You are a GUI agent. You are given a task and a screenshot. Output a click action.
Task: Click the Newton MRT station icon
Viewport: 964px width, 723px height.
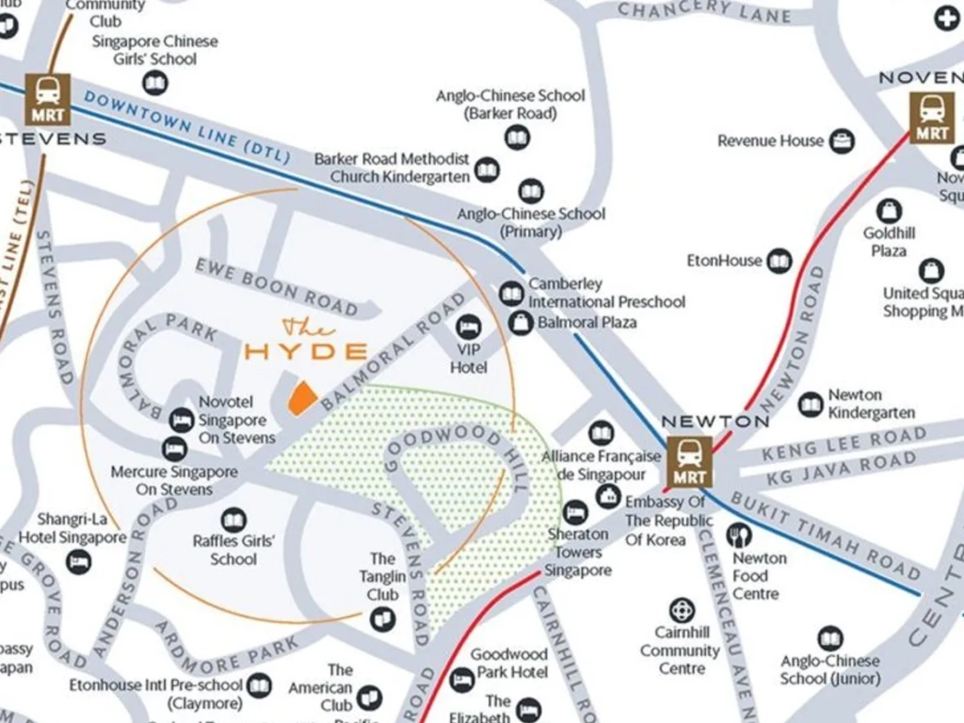(690, 461)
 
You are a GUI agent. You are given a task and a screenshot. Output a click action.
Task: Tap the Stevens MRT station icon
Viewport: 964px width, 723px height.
(48, 99)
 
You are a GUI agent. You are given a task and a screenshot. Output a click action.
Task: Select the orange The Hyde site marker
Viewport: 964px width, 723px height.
(301, 399)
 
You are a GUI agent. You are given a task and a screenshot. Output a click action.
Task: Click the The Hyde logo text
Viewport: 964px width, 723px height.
(306, 343)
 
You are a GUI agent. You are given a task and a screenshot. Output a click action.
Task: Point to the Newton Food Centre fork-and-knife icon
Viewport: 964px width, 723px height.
(739, 536)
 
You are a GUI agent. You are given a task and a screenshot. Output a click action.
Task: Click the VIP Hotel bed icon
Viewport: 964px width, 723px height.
(468, 328)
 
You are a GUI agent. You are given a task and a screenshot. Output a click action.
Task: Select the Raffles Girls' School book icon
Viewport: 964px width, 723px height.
(233, 520)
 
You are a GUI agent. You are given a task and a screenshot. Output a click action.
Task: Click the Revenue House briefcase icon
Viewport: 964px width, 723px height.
(842, 141)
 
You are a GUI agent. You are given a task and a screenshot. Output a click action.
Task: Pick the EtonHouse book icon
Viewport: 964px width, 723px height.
(779, 261)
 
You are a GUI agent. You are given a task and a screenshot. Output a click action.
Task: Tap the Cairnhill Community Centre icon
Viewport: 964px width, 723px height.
(682, 611)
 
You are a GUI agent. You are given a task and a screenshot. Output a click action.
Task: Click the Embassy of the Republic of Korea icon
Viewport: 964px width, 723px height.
(608, 496)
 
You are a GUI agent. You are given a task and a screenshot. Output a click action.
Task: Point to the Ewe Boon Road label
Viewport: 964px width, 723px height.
(277, 287)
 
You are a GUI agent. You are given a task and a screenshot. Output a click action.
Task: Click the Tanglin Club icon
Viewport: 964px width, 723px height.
(382, 619)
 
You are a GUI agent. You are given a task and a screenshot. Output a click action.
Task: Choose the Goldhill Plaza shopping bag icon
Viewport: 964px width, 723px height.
(888, 211)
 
